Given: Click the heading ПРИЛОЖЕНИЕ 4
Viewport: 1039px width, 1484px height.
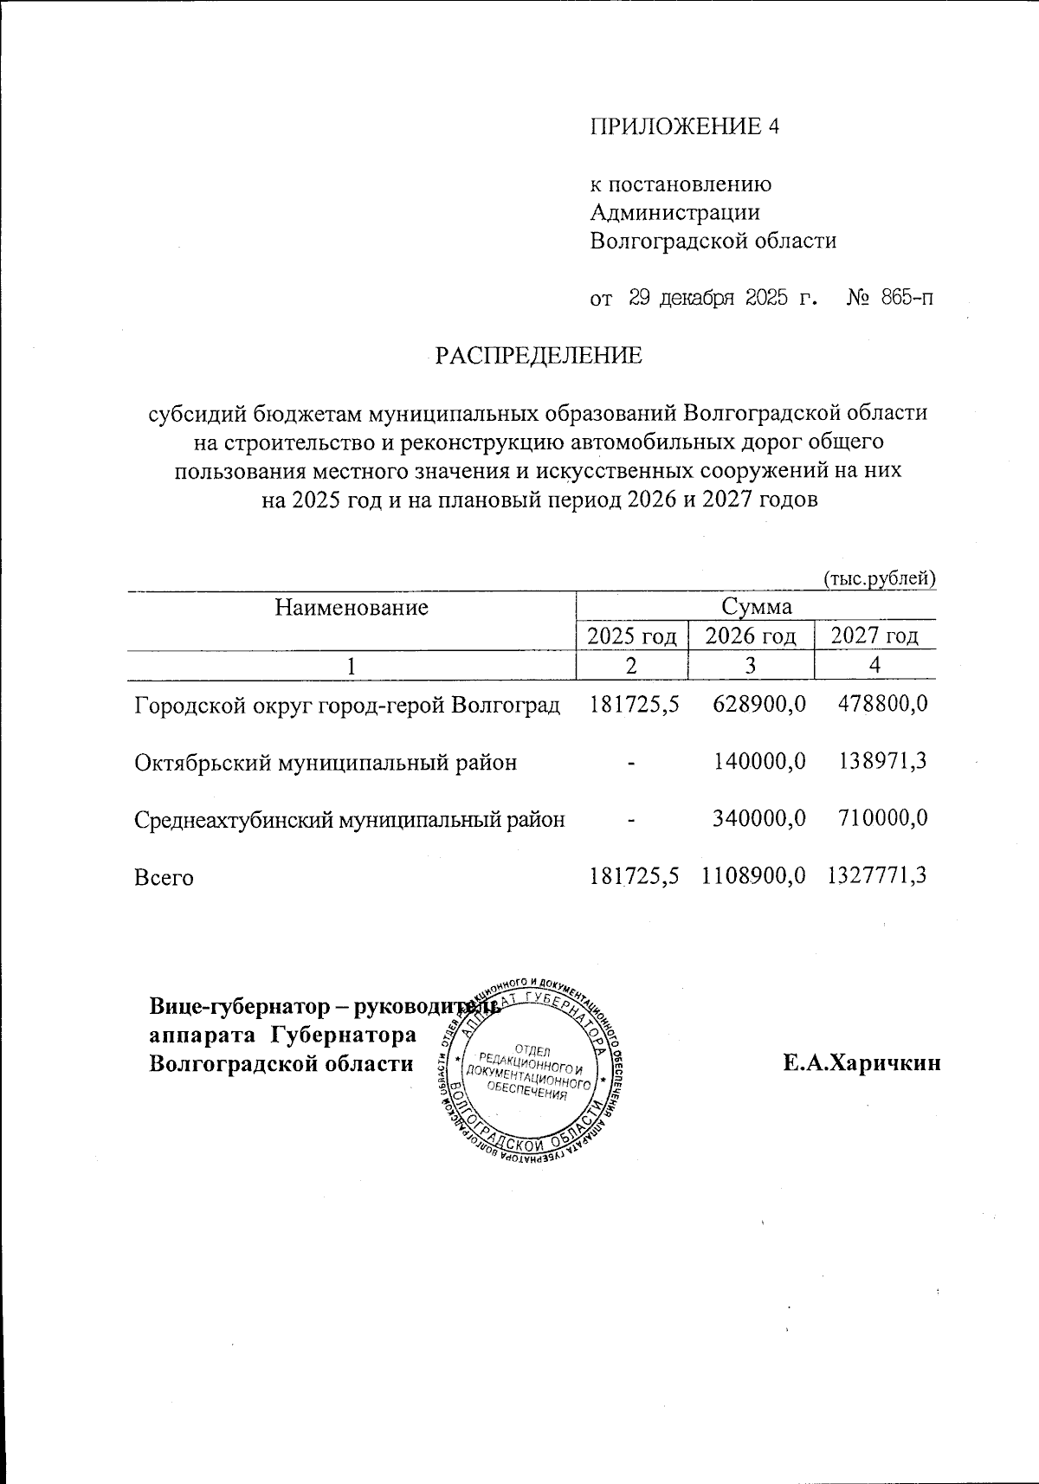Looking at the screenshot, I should tap(684, 126).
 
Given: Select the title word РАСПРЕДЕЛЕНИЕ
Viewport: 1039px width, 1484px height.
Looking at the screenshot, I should tap(538, 355).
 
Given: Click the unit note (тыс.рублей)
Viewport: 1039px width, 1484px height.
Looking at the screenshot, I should tap(880, 578).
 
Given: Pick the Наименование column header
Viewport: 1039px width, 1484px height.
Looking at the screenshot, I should tap(352, 607).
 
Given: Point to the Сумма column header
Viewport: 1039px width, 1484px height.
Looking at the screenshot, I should tap(756, 606).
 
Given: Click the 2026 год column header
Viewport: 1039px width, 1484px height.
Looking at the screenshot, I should tap(751, 636).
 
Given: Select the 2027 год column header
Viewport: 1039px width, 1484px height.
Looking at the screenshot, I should tap(874, 636).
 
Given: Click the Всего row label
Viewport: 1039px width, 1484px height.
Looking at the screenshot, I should tap(164, 877).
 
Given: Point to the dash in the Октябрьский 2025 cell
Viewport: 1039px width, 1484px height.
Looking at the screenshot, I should tap(632, 763).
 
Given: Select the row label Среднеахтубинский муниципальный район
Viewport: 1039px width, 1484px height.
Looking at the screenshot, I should tap(350, 819).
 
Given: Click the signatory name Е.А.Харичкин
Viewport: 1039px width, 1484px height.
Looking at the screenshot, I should tap(862, 1063).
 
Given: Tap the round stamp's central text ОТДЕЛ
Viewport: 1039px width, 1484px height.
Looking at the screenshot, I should tap(532, 1051).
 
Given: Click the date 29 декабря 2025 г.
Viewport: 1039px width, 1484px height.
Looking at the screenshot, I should tap(723, 299).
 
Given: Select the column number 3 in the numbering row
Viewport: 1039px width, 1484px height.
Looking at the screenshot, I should tap(750, 666).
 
